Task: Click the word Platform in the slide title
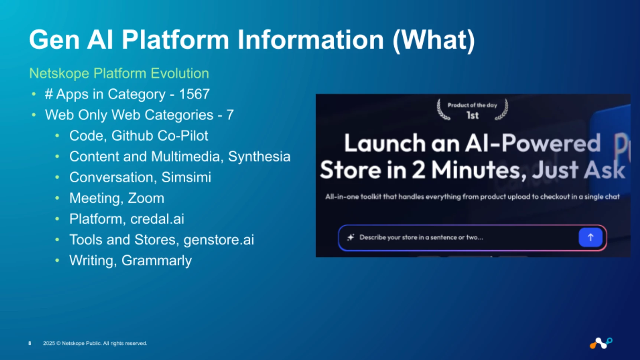[175, 39]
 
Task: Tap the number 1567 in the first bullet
[194, 94]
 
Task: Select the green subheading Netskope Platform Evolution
[119, 73]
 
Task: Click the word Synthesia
[259, 157]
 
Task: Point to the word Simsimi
[186, 177]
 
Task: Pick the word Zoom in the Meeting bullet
[146, 198]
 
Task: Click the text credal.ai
[157, 219]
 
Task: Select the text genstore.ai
[219, 240]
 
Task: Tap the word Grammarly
[156, 261]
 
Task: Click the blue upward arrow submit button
[590, 238]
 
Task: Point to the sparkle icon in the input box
[350, 237]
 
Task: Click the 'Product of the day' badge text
[472, 105]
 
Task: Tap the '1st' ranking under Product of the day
[472, 116]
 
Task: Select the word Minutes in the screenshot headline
[479, 170]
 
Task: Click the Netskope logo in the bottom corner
[601, 343]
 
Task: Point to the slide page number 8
[30, 343]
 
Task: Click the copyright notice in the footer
[95, 343]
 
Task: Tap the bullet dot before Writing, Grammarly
[57, 261]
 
